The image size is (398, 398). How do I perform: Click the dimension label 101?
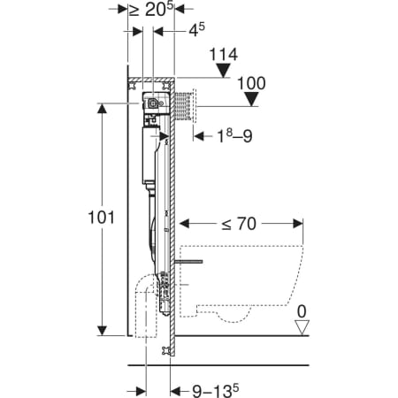pos(101,218)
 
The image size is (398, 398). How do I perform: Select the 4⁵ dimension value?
pos(196,30)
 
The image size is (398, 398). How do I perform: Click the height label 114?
pos(223,54)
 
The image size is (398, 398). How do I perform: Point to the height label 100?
pos(251,83)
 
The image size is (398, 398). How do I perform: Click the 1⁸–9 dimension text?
pos(234,135)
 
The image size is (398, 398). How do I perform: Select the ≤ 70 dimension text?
pos(239,224)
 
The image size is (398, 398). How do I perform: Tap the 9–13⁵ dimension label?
pos(216,391)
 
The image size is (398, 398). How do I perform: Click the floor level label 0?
pos(302,311)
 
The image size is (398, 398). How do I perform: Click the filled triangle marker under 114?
pos(223,71)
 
